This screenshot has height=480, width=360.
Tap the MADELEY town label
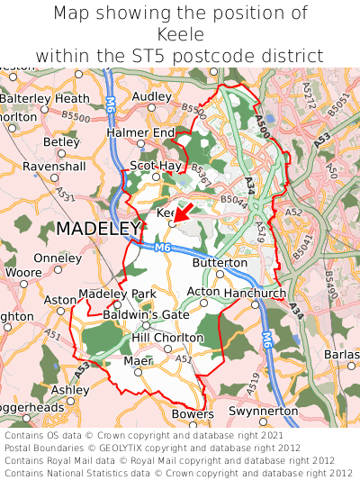point(98,230)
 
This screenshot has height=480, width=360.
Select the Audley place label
point(151,96)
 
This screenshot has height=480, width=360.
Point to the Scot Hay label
point(156,166)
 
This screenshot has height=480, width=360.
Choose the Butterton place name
point(220,262)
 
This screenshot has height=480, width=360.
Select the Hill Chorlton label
point(167,338)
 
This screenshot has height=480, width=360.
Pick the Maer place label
point(138,360)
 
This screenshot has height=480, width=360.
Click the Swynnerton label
point(264,411)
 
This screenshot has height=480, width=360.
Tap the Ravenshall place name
point(54,167)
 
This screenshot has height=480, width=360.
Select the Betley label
point(61,141)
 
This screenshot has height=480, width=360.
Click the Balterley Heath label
point(45,98)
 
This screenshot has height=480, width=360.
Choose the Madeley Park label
point(117,294)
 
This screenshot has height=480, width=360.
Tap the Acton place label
point(203,292)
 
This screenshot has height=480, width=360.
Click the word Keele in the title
point(180,34)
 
